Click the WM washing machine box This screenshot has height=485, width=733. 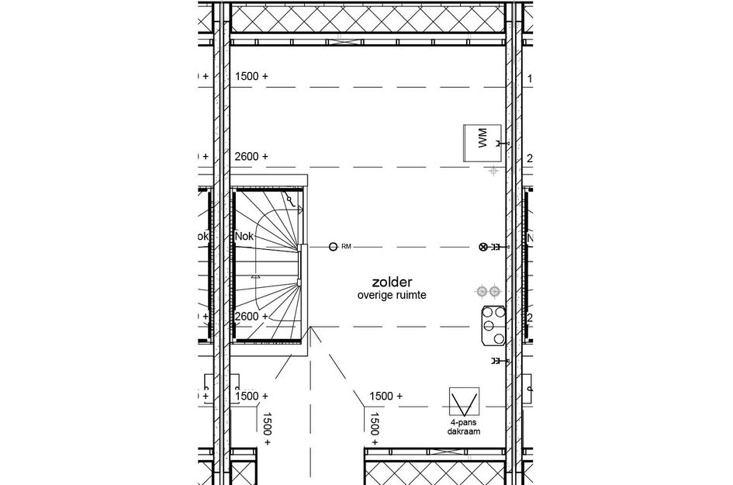(479, 142)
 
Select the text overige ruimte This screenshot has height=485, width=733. (391, 296)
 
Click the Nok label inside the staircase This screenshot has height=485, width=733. (245, 236)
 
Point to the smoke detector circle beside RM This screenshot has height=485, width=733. (333, 247)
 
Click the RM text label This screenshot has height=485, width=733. (346, 247)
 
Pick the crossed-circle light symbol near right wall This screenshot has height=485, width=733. (485, 247)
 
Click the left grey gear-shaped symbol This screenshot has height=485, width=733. (482, 291)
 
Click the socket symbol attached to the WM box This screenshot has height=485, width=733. (501, 144)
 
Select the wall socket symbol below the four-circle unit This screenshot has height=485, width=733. (496, 361)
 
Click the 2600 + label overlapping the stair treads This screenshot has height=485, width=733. (251, 317)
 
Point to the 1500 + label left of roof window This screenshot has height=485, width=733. (385, 396)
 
